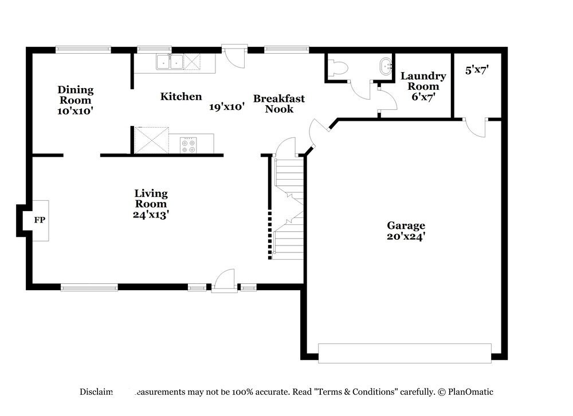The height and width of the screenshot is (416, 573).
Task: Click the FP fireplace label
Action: pos(40,220)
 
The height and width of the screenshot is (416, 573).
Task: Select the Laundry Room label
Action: pos(423,86)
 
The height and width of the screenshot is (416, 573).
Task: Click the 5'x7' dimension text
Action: pos(477,70)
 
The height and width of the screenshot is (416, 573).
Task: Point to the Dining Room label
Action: pos(75,100)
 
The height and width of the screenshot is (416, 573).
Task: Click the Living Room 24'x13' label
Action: pos(151,204)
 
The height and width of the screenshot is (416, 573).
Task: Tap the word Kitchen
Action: pos(180,97)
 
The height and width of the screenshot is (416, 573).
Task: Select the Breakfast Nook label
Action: pos(279,104)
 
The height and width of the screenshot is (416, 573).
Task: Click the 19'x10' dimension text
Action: pos(227,106)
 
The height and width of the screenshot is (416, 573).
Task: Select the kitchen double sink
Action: pos(170,62)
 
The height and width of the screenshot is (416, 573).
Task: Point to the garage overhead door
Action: pos(405,352)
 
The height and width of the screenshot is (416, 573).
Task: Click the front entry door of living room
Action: pos(224,282)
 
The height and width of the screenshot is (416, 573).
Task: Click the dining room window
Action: pos(83,50)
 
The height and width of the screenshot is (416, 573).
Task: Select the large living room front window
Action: pos(89,287)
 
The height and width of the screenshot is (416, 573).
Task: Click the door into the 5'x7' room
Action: pos(474,127)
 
